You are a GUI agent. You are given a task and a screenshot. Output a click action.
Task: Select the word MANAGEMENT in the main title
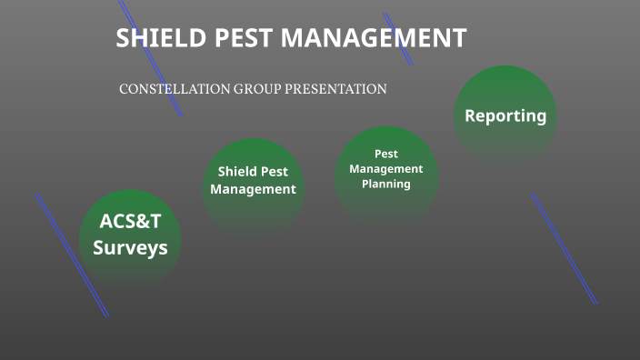coord(373,38)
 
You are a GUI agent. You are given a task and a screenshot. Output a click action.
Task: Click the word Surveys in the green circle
coord(130,247)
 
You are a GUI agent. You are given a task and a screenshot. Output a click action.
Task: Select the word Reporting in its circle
coord(505,116)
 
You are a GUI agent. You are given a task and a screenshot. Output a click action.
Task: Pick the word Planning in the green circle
coord(386,184)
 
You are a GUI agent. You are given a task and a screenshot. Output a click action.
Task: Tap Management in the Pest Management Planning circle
coord(386,169)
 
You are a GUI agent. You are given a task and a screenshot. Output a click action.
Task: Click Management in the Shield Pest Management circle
coord(253,189)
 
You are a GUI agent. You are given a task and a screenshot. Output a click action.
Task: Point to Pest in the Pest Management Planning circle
coord(386,154)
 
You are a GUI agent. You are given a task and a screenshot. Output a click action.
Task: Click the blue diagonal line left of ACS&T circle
coord(72,255)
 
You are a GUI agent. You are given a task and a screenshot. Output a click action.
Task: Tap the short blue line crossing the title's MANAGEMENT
coord(398,38)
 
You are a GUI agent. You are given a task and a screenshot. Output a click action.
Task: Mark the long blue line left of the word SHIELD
coord(151,58)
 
